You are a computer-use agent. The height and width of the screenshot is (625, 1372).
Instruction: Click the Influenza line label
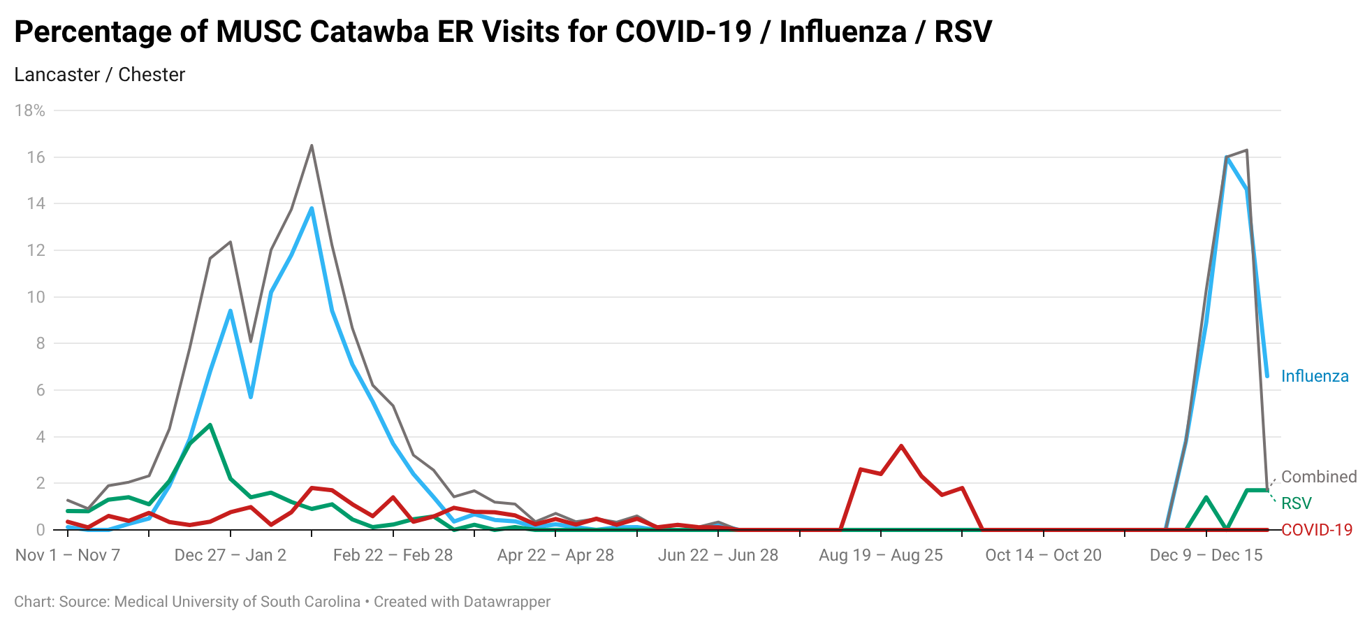coord(1314,376)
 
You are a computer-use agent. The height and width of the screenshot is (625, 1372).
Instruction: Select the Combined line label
coord(1318,477)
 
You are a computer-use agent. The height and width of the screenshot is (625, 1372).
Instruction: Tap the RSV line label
coord(1296,503)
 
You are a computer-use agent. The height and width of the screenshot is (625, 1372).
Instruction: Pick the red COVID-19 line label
coord(1317,530)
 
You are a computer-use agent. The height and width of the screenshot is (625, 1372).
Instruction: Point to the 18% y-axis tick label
coord(30,110)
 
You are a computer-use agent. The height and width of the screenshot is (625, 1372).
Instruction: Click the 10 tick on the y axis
coord(36,297)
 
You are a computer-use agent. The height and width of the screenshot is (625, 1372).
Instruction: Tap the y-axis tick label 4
coord(41,437)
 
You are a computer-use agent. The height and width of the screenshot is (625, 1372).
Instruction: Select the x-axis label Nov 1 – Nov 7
coord(68,555)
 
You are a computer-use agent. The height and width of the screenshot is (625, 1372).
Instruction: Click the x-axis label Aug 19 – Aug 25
coord(881,555)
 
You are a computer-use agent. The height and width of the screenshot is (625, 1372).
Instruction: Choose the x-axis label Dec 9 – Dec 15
coord(1206,555)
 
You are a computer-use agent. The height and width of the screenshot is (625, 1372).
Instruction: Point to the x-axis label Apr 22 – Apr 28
coord(555,555)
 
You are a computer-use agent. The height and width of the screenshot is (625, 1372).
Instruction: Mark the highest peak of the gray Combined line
coord(312,145)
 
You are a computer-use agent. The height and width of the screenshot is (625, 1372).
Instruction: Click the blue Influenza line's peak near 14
coord(312,208)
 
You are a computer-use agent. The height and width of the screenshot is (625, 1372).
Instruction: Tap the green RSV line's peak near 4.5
coord(210,425)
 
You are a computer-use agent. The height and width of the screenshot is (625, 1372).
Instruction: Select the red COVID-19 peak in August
coord(901,445)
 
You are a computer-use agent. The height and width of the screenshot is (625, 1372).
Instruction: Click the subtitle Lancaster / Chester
coord(99,75)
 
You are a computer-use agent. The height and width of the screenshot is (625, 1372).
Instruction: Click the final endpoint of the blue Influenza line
coord(1267,376)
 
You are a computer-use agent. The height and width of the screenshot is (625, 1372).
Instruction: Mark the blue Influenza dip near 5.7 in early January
coord(251,397)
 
